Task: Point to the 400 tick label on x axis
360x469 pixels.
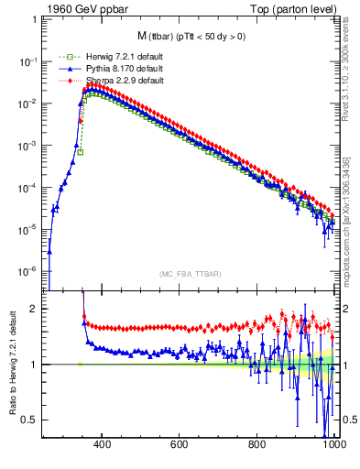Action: [x=102, y=449]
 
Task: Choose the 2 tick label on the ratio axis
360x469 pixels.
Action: [x=34, y=309]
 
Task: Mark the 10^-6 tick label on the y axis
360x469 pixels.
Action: [x=28, y=271]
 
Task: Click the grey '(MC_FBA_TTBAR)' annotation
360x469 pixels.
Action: [x=190, y=274]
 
